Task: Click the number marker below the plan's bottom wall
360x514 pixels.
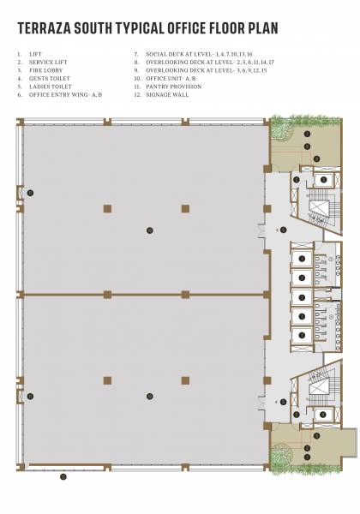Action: (x=63, y=476)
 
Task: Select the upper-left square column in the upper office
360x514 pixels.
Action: (x=106, y=207)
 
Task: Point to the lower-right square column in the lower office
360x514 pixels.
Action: (x=184, y=380)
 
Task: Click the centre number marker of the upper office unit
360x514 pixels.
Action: (x=150, y=230)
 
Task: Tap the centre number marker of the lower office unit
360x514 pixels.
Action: (x=150, y=396)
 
